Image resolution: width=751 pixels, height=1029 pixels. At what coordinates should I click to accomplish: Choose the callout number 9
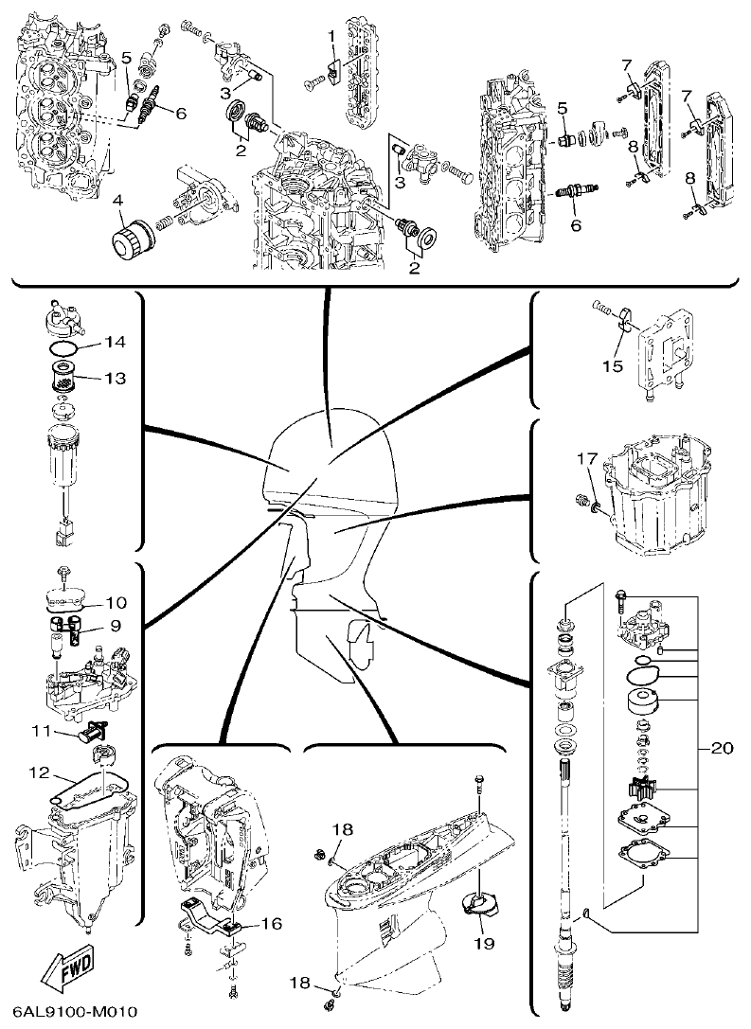pos(116,625)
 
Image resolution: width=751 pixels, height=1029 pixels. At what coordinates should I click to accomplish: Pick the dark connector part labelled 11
pos(91,730)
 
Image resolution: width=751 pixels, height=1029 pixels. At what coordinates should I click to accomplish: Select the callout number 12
pos(37,773)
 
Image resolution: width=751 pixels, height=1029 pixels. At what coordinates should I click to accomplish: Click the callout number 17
pos(585,459)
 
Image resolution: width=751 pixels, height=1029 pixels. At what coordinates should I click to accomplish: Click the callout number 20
pos(722,748)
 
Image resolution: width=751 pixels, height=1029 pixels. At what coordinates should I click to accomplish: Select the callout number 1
pos(331,35)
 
